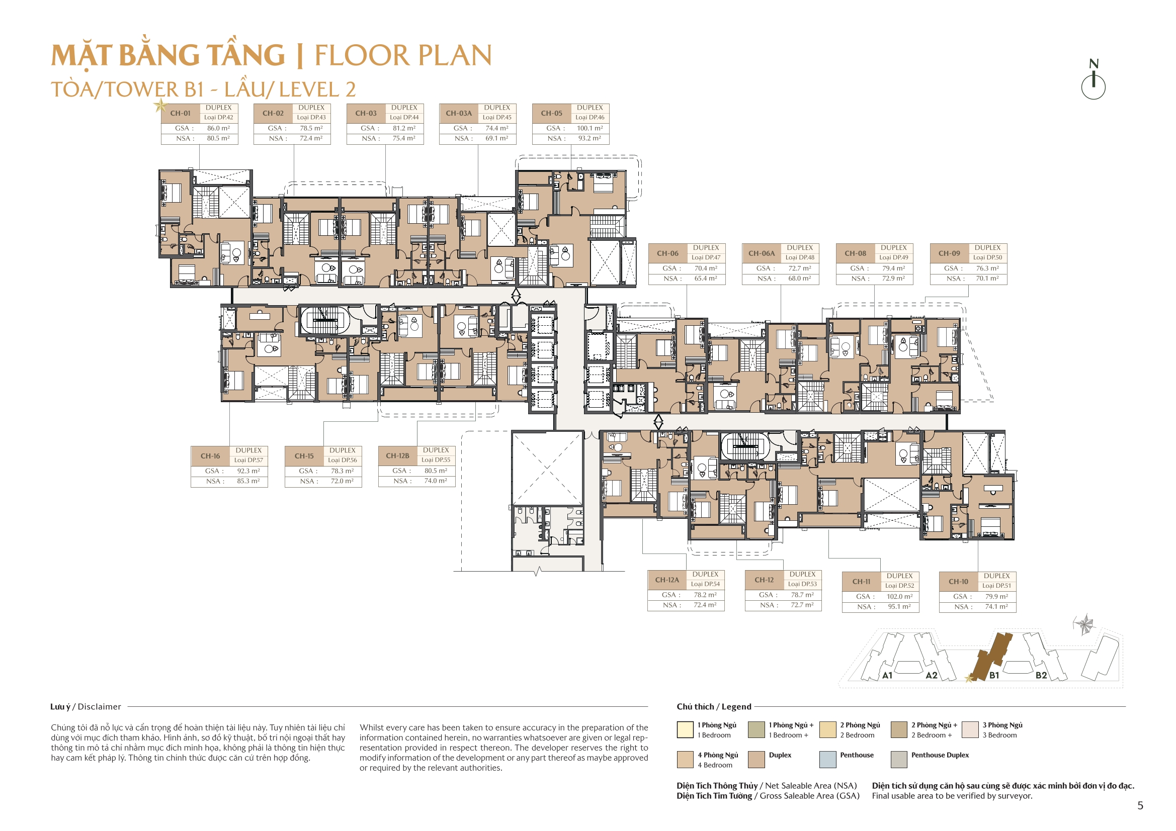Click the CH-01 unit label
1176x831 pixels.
pyautogui.click(x=180, y=113)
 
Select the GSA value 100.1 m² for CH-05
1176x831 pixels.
pyautogui.click(x=590, y=128)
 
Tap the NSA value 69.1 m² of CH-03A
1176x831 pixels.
pyautogui.click(x=496, y=138)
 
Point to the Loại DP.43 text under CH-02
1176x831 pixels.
pyautogui.click(x=311, y=117)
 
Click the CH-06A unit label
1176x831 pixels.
pyautogui.click(x=761, y=253)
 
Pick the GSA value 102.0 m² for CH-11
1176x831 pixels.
pyautogui.click(x=899, y=597)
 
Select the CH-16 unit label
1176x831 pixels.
pyautogui.click(x=210, y=455)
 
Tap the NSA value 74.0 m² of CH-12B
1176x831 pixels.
pyautogui.click(x=436, y=481)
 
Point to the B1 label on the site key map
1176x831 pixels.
pyautogui.click(x=994, y=675)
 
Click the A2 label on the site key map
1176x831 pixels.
pyautogui.click(x=931, y=675)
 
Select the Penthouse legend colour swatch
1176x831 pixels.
pyautogui.click(x=828, y=759)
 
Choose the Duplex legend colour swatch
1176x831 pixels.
pyautogui.click(x=756, y=759)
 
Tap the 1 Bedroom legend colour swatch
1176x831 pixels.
pyautogui.click(x=685, y=729)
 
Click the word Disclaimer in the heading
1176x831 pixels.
pyautogui.click(x=100, y=707)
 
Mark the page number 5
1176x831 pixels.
pyautogui.click(x=1140, y=805)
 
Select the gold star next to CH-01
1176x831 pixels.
pyautogui.click(x=160, y=106)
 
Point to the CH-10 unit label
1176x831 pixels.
pyautogui.click(x=958, y=582)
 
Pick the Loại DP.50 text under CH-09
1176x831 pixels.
pyautogui.click(x=987, y=257)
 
